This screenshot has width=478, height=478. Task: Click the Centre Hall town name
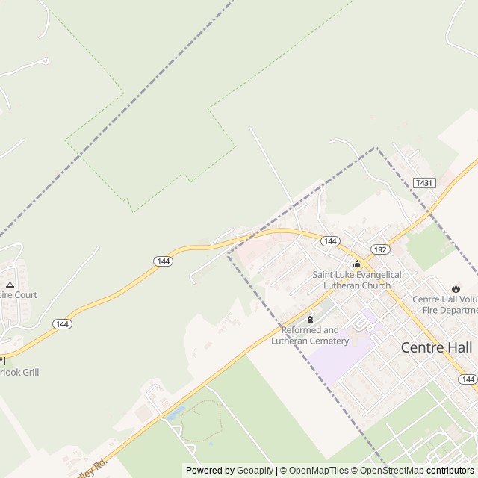pyautogui.click(x=436, y=347)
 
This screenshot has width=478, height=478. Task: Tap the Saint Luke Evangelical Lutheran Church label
pyautogui.click(x=357, y=280)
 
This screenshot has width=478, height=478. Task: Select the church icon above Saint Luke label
pyautogui.click(x=357, y=264)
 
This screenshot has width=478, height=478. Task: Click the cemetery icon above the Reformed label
pyautogui.click(x=310, y=320)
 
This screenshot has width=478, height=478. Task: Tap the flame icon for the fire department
pyautogui.click(x=456, y=289)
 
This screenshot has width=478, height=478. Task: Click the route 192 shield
pyautogui.click(x=380, y=250)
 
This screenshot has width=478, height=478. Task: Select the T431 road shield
pyautogui.click(x=423, y=183)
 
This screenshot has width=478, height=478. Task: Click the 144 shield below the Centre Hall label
pyautogui.click(x=468, y=379)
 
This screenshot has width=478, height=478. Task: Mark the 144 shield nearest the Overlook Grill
pyautogui.click(x=62, y=323)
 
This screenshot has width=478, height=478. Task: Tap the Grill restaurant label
pyautogui.click(x=19, y=372)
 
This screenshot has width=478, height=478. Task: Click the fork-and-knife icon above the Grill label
pyautogui.click(x=2, y=360)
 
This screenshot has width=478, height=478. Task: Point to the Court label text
pyautogui.click(x=19, y=295)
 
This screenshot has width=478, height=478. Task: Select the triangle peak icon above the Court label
pyautogui.click(x=10, y=284)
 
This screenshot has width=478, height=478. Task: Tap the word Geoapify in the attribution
pyautogui.click(x=255, y=471)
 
